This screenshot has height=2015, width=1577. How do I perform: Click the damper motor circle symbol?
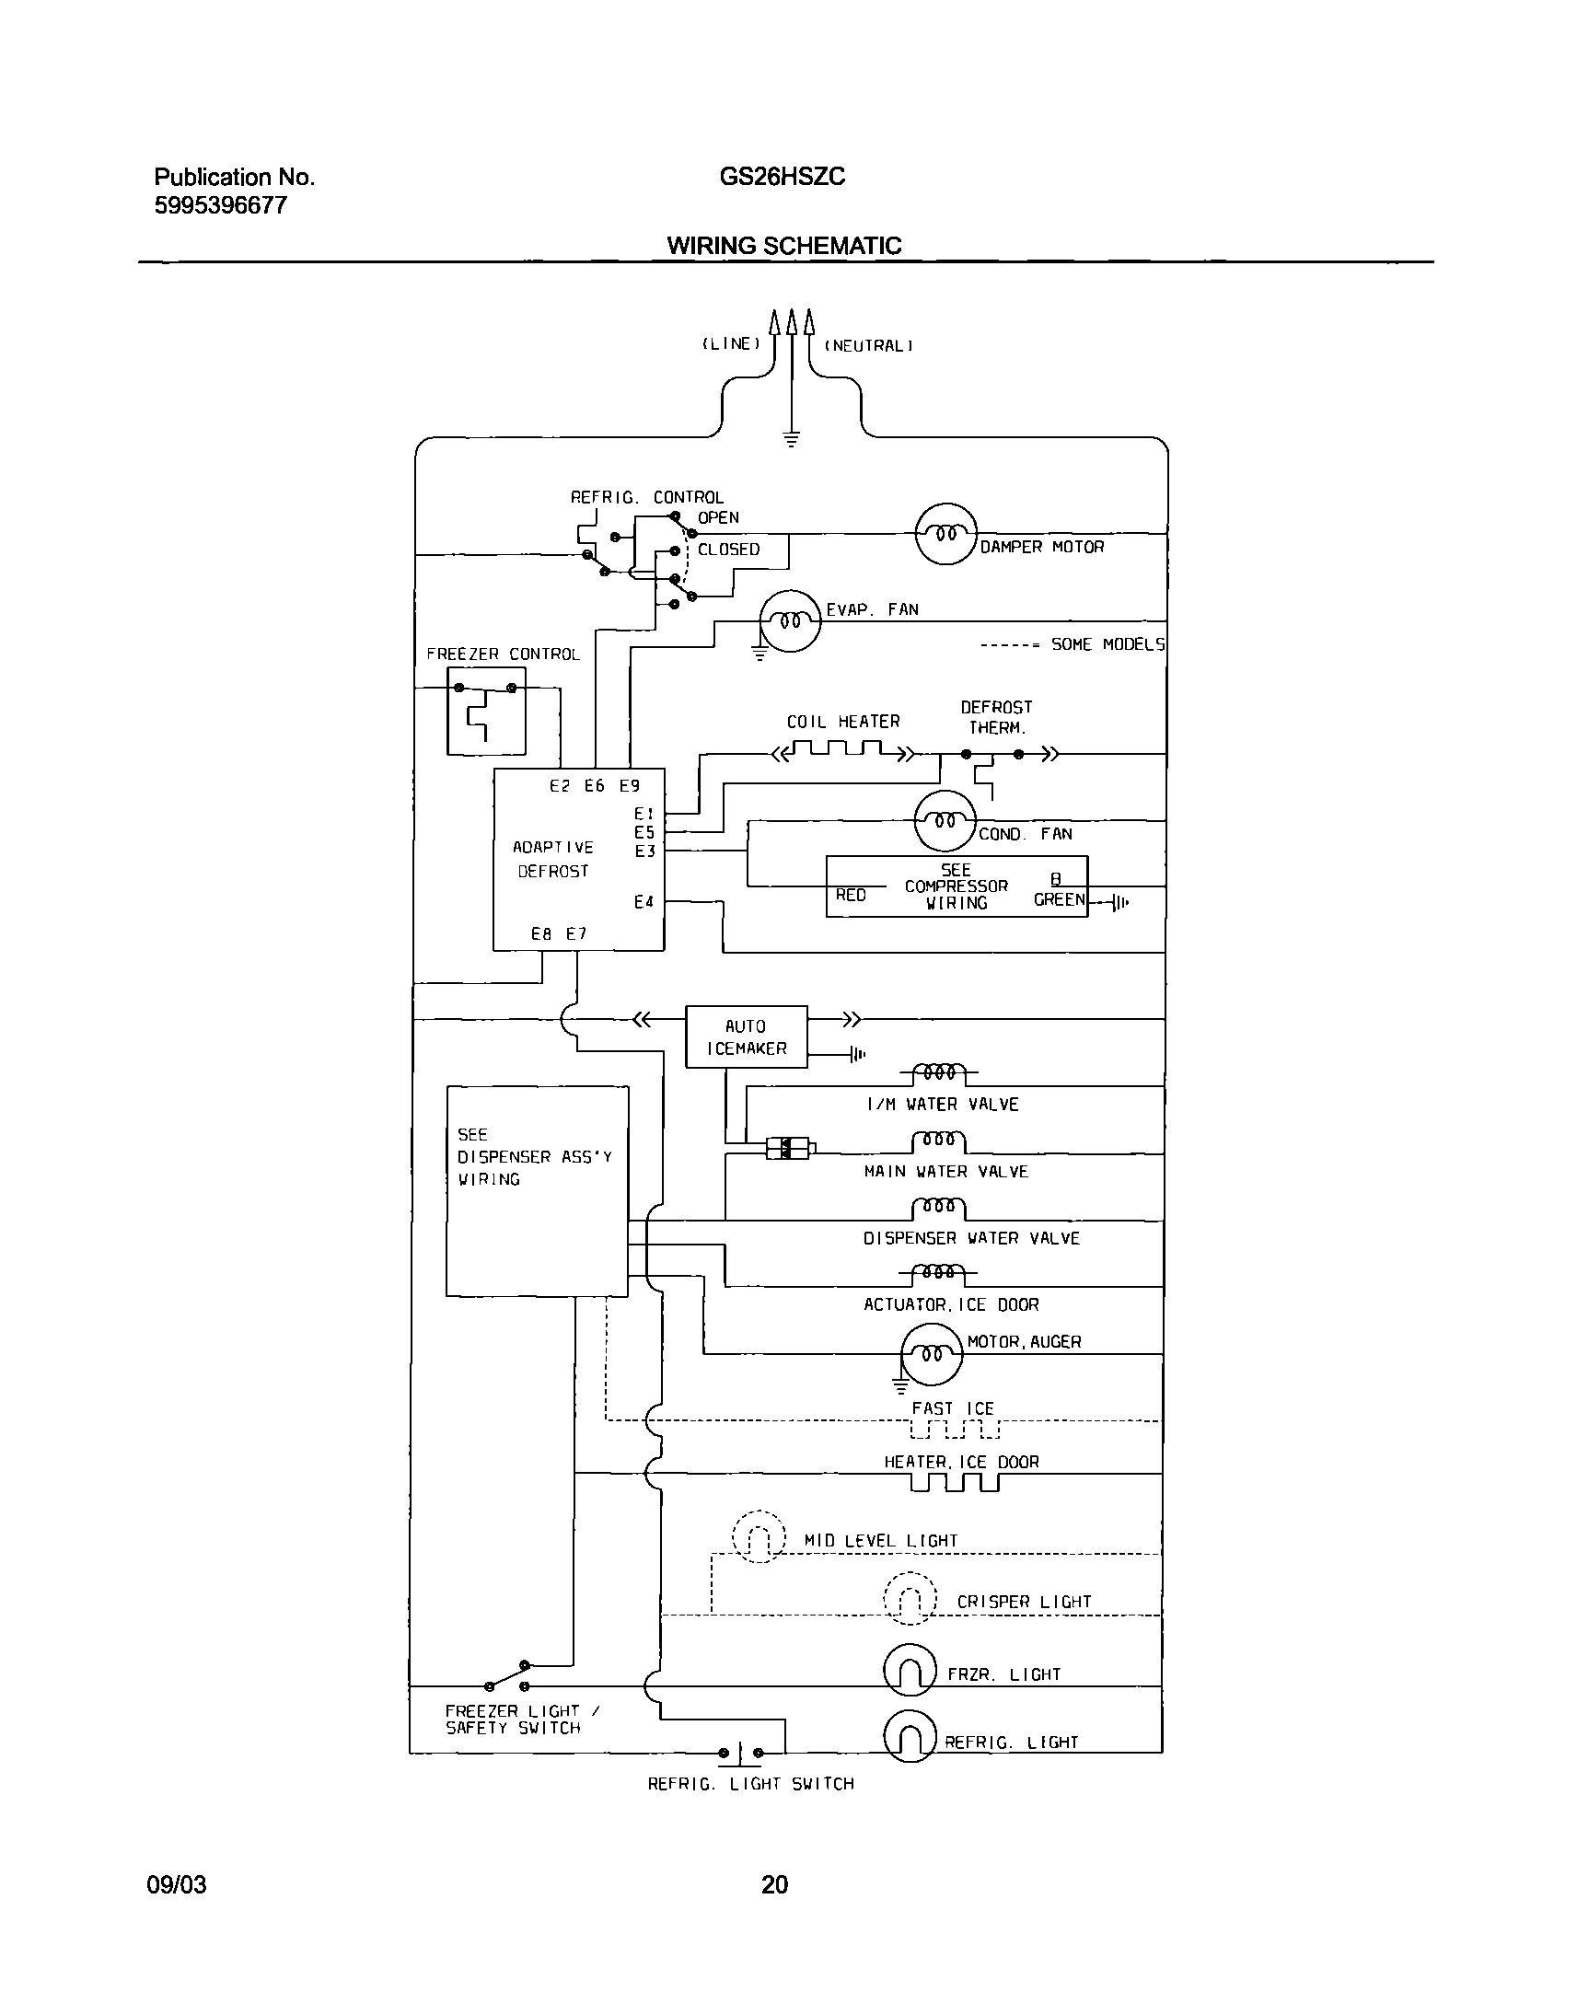(x=945, y=535)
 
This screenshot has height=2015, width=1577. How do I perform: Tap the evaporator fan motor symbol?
(x=790, y=620)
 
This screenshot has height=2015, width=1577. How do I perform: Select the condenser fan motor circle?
(x=945, y=820)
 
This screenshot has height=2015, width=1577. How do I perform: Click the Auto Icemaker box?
(x=746, y=1036)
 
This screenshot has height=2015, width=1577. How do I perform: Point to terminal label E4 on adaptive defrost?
(x=644, y=902)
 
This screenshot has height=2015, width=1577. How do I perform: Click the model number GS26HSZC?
(x=782, y=178)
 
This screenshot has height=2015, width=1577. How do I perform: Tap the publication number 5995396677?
(x=221, y=205)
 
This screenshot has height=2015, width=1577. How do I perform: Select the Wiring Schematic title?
(x=783, y=246)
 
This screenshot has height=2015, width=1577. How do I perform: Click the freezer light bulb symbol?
(x=910, y=1670)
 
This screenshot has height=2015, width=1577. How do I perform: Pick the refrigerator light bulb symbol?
(x=910, y=1736)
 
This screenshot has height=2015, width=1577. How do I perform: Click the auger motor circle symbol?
(x=932, y=1354)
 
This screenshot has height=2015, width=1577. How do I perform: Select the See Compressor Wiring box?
(x=957, y=886)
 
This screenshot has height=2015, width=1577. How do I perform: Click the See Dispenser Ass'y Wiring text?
(x=534, y=1156)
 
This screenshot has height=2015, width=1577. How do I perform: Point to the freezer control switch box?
(x=486, y=711)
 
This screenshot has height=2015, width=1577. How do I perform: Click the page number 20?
(x=774, y=1884)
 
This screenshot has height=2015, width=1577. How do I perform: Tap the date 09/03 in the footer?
(x=177, y=1884)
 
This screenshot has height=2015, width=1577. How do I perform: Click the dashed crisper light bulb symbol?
(x=910, y=1597)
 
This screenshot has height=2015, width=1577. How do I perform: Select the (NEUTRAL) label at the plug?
(x=868, y=346)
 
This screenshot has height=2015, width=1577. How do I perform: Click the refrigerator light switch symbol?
(x=740, y=1751)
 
